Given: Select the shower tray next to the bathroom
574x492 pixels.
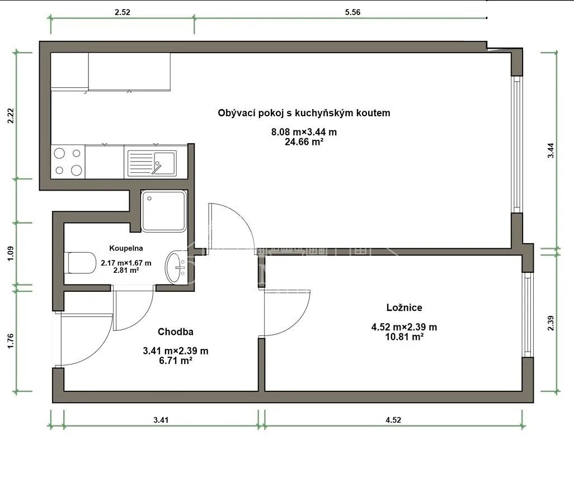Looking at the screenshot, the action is pos(164,211).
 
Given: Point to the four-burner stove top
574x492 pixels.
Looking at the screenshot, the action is pos(68,162).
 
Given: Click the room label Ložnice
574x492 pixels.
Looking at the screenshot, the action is pos(404,307).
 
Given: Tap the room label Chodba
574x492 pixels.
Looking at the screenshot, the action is pos(175,332).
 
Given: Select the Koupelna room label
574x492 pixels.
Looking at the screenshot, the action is pos(126,248).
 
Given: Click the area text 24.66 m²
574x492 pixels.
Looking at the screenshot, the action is pos(304,142).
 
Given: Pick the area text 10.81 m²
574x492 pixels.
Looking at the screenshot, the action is pos(404,337).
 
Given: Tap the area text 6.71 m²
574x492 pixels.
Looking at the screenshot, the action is pos(176,361).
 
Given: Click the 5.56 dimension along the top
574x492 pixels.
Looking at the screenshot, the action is pos(352,12).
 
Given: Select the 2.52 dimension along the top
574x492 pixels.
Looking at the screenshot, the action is pos(123,12).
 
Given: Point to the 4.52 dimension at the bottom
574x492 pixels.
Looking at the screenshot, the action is pos(393,420).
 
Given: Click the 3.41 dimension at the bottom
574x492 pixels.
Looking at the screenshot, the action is pos(161,420).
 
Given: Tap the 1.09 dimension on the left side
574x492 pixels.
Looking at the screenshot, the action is pos(11,253).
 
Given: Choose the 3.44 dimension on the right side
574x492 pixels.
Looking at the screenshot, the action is pos(551,150).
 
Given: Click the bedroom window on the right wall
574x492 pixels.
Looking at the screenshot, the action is pos(528,315).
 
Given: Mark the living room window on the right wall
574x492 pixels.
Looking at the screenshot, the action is pos(516,144).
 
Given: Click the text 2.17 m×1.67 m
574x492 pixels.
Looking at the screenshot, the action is pos(126,263).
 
